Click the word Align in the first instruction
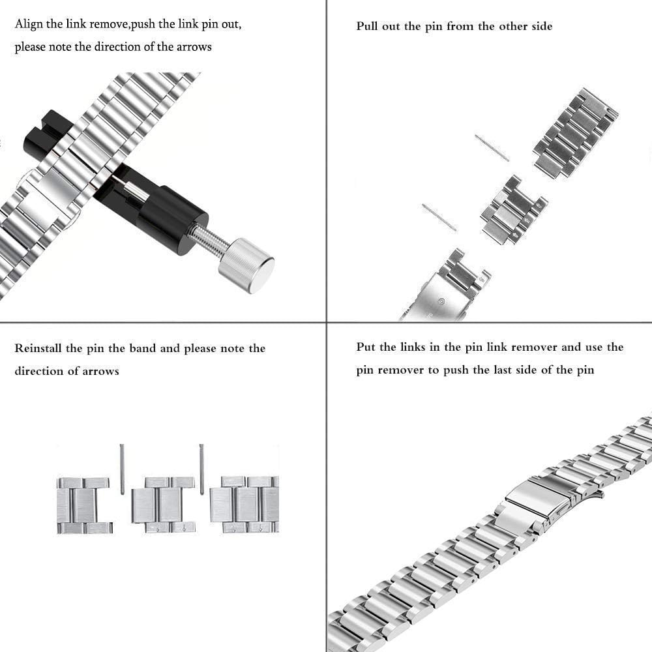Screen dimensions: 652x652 [x=29, y=25]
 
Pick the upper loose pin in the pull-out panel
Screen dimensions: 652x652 [x=492, y=148]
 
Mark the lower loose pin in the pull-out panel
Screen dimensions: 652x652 [x=439, y=217]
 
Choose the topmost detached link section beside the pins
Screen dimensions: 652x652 [x=575, y=133]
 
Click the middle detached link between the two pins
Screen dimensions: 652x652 [x=513, y=210]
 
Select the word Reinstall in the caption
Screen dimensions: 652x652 [x=39, y=348]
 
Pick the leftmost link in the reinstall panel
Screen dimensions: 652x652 [x=83, y=505]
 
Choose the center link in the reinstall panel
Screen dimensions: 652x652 [x=163, y=505]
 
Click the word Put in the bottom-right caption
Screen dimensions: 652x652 [x=366, y=347]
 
